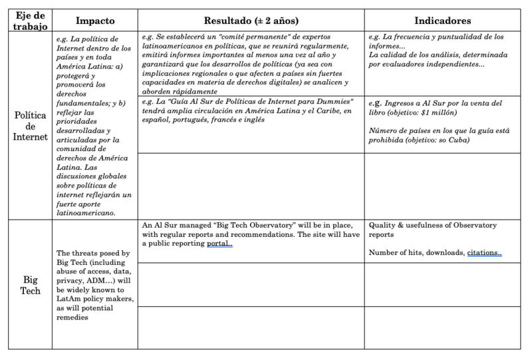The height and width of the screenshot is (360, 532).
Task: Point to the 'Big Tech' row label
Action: pos(29,286)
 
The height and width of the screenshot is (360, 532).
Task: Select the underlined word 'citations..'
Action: pos(483,253)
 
